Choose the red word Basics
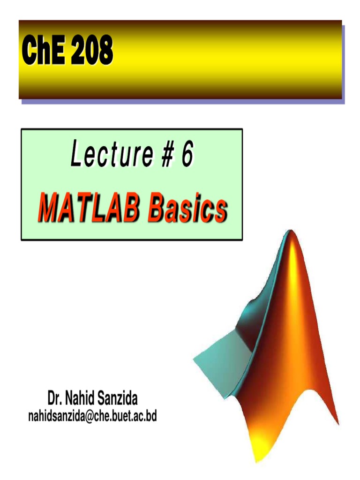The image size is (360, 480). pyautogui.click(x=187, y=210)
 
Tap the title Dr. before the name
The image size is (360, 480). pyautogui.click(x=55, y=399)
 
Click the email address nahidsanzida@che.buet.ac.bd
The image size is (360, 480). pyautogui.click(x=92, y=415)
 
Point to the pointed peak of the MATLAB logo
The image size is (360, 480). pyautogui.click(x=291, y=234)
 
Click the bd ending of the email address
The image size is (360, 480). pyautogui.click(x=151, y=415)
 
